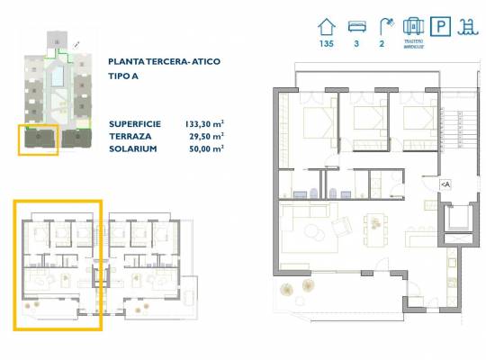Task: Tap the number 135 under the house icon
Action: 326,44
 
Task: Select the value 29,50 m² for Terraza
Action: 207,136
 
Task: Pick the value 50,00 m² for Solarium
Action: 207,148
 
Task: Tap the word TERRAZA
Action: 130,136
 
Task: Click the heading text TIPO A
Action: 125,76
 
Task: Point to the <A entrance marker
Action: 445,184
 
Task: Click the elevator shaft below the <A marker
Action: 459,218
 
